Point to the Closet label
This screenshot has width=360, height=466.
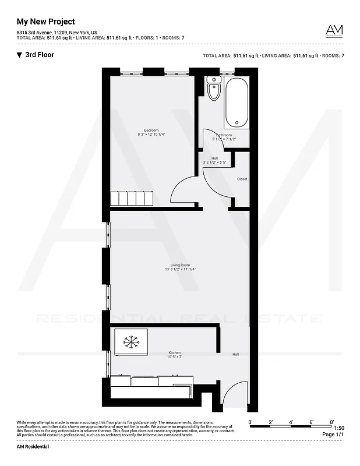pyautogui.click(x=242, y=179)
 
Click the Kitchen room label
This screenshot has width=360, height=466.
pyautogui.click(x=175, y=352)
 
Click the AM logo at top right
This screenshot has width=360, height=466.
pyautogui.click(x=334, y=31)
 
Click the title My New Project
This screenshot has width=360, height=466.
pyautogui.click(x=45, y=22)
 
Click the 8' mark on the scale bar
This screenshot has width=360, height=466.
pyautogui.click(x=331, y=421)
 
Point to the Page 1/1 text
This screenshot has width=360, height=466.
pyautogui.click(x=333, y=435)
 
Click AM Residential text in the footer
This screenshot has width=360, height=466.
pyautogui.click(x=33, y=447)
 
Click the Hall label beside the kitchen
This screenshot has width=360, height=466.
pyautogui.click(x=236, y=354)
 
